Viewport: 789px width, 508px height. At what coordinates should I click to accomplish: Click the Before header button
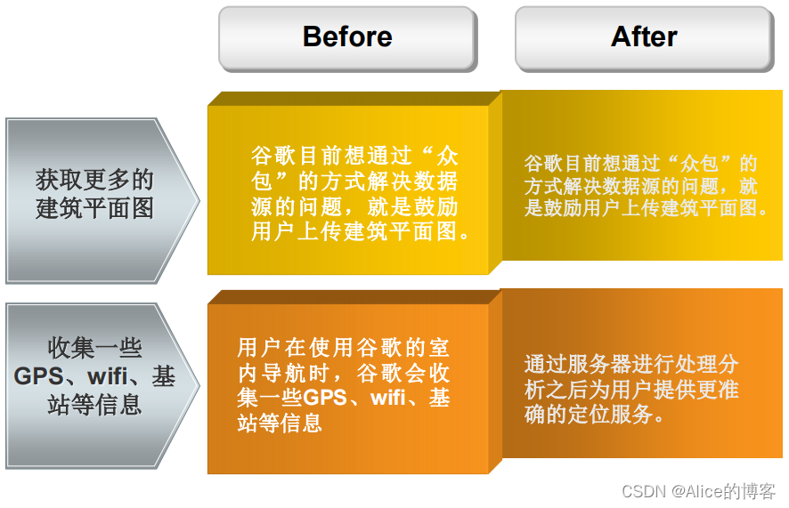click(347, 37)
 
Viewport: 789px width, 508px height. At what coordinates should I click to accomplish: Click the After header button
click(644, 37)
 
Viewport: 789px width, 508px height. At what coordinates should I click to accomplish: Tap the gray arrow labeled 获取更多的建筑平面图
click(98, 194)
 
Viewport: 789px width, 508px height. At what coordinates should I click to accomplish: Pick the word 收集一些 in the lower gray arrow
click(94, 349)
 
